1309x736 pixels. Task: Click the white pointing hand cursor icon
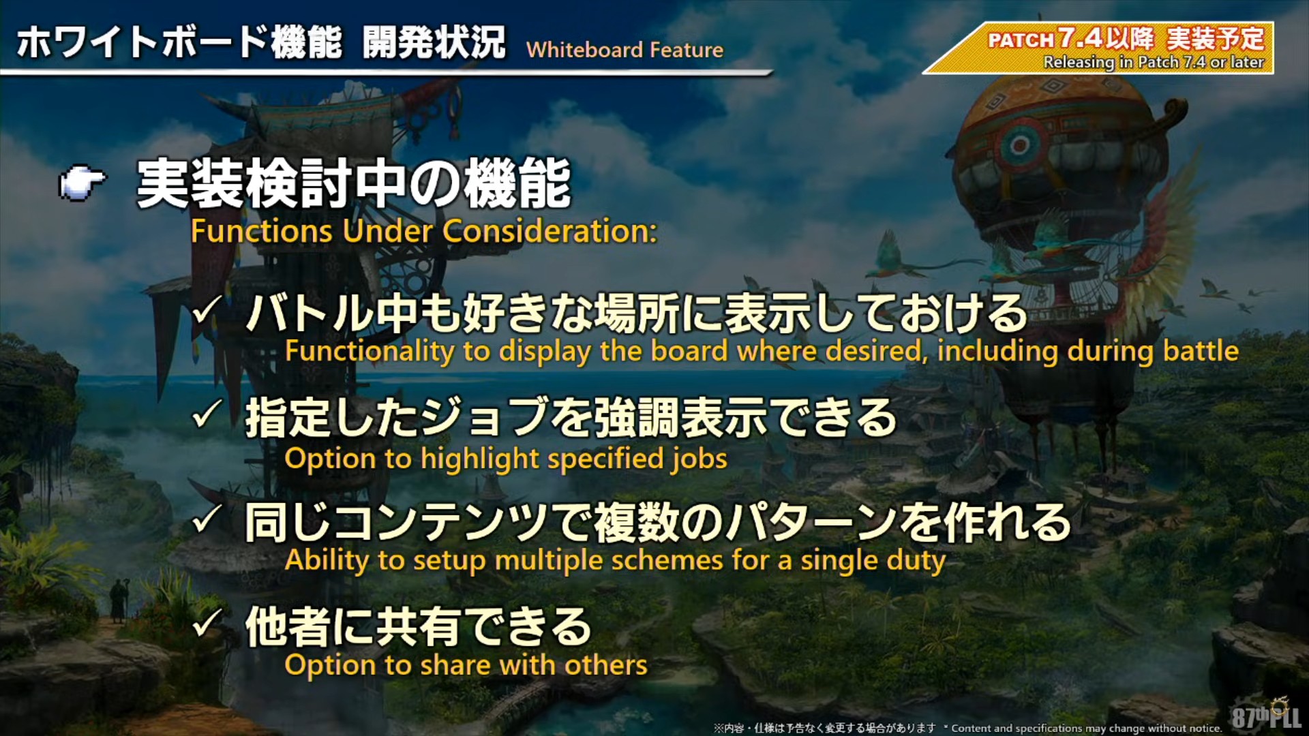82,183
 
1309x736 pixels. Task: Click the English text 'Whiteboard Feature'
625,50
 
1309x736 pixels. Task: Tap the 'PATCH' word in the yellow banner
1021,40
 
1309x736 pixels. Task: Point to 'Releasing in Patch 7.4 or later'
1154,62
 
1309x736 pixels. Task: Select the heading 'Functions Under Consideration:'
424,231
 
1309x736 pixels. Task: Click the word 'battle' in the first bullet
1201,351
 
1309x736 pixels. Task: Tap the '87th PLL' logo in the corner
1267,715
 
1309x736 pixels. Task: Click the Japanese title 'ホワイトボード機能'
179,42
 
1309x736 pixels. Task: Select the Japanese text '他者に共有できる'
418,627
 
